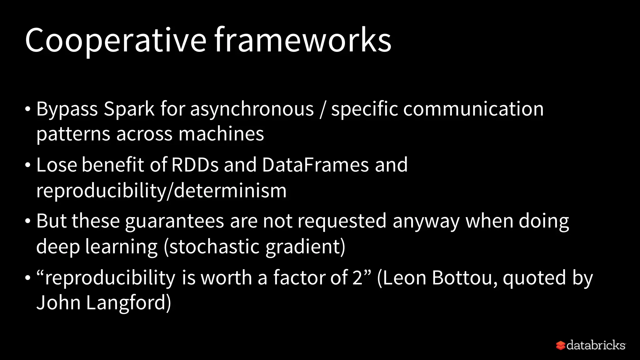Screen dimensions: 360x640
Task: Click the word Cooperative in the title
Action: click(116, 41)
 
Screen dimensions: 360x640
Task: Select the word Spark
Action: click(129, 109)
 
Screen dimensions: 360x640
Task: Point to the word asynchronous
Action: click(252, 109)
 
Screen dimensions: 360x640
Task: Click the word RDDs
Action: click(195, 165)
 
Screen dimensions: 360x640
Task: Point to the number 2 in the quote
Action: click(357, 277)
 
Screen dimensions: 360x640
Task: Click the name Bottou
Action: click(464, 277)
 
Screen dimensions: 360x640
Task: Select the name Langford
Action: click(128, 303)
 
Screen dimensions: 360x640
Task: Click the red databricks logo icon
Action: click(561, 345)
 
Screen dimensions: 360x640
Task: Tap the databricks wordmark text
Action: click(596, 345)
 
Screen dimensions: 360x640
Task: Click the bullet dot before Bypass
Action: click(28, 109)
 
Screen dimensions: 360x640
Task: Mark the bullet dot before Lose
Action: click(28, 165)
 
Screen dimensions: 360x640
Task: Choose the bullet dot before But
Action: click(28, 221)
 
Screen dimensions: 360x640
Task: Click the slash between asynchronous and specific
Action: click(322, 109)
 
